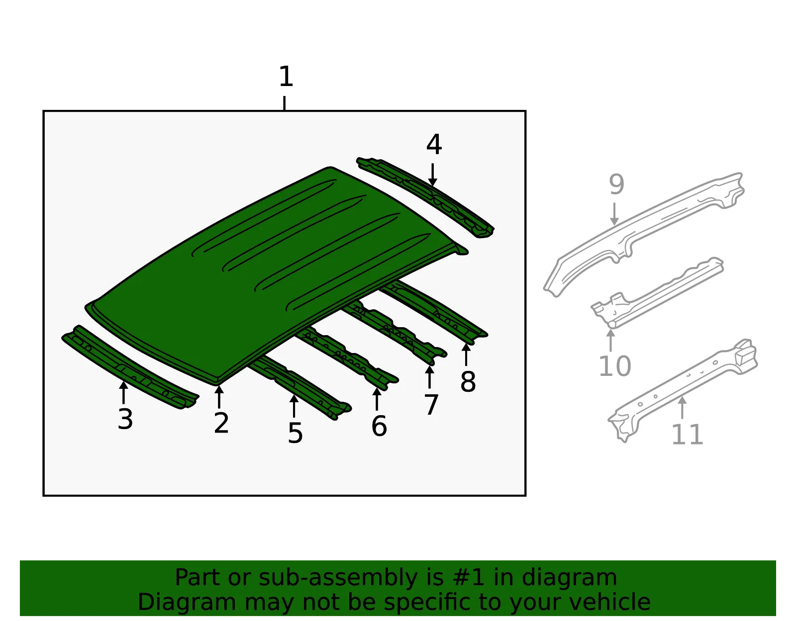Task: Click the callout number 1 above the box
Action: [286, 77]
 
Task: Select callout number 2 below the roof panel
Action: [221, 423]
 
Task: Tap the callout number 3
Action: [125, 419]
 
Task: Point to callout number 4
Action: [434, 144]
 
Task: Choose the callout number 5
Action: [295, 433]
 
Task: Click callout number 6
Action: [379, 426]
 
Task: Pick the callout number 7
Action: [431, 405]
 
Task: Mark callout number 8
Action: [468, 382]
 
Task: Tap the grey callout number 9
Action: [616, 184]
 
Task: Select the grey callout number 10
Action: [615, 366]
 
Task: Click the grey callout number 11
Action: [687, 435]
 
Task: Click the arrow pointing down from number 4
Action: [433, 175]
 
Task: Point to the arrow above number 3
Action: [124, 392]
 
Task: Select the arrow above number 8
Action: [466, 354]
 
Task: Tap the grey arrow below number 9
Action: [614, 214]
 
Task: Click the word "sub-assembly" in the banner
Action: [338, 577]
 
